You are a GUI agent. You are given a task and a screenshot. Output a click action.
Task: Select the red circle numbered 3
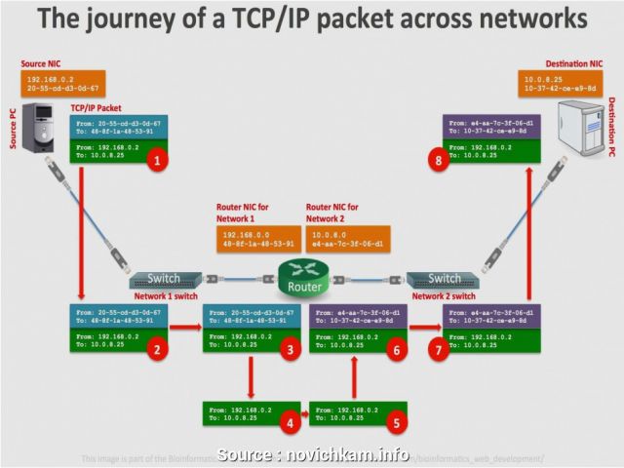[290, 347]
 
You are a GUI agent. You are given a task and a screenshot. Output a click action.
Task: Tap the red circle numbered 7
[440, 347]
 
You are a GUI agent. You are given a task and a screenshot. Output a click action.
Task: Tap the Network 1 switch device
[165, 279]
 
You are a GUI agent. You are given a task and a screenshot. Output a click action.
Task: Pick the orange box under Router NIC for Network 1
[258, 239]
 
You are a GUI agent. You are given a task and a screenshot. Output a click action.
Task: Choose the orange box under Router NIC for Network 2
[347, 239]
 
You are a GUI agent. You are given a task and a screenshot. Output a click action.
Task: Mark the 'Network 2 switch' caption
[444, 296]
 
